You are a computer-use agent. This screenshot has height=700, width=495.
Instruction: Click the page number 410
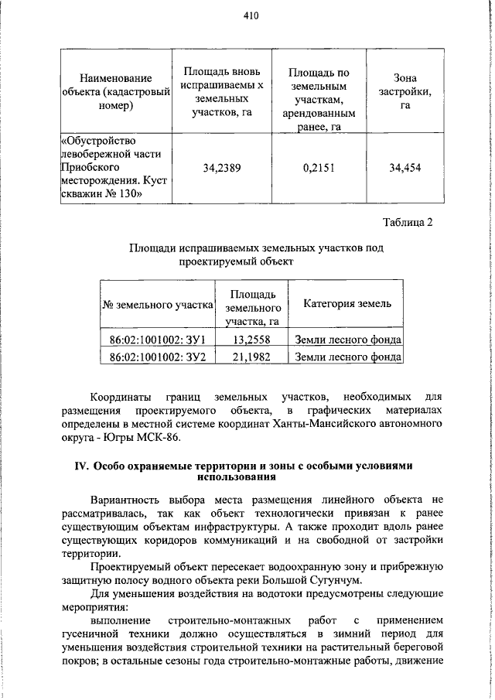point(249,15)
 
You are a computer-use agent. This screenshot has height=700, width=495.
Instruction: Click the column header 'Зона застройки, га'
point(405,91)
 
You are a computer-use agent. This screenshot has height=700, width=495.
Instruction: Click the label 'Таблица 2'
point(408,223)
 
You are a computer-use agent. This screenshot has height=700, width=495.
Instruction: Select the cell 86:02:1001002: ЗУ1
point(155,339)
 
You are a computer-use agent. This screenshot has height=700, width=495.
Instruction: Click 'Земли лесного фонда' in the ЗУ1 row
point(347,339)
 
